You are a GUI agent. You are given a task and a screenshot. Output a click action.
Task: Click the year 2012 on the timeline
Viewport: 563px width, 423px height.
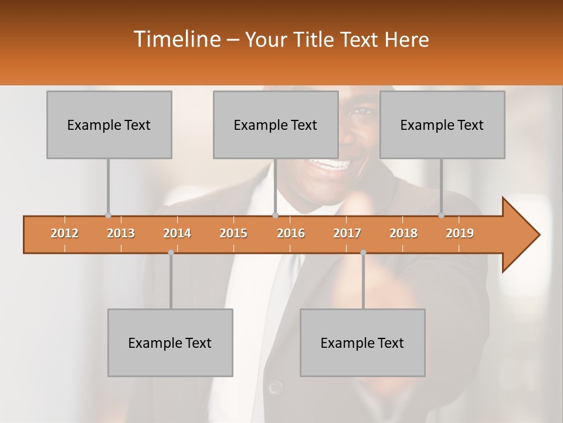[65, 233]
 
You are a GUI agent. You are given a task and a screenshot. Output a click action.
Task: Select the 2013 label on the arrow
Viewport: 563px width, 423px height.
[121, 233]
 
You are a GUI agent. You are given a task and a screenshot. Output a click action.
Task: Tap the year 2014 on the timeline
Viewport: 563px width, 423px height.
[177, 233]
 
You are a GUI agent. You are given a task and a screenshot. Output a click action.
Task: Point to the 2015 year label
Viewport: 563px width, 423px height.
[233, 233]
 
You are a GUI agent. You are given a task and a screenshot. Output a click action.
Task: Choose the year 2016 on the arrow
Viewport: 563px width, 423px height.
[291, 233]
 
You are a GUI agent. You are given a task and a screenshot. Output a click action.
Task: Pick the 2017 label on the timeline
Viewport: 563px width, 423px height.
[347, 233]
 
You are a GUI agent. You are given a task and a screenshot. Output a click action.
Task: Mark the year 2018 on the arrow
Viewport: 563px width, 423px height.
[403, 233]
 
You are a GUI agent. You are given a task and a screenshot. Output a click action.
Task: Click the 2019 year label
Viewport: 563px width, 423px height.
[460, 233]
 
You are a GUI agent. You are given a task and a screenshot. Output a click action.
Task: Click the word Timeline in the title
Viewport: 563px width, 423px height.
[175, 39]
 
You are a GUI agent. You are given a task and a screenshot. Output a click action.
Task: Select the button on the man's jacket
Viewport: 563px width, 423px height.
[274, 387]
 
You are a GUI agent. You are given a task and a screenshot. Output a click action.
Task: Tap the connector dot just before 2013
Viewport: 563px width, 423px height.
[108, 216]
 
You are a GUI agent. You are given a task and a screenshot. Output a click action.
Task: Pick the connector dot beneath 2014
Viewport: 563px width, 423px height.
[171, 253]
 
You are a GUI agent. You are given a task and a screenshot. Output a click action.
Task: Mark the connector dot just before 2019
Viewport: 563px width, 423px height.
[442, 216]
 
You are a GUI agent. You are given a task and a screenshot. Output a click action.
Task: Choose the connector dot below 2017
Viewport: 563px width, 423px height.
[363, 253]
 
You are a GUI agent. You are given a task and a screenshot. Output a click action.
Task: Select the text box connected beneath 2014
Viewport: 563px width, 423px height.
[170, 343]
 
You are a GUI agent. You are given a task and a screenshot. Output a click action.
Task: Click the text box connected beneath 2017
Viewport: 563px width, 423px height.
[362, 343]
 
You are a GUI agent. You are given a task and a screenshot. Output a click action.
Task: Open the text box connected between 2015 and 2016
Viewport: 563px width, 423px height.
[276, 125]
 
